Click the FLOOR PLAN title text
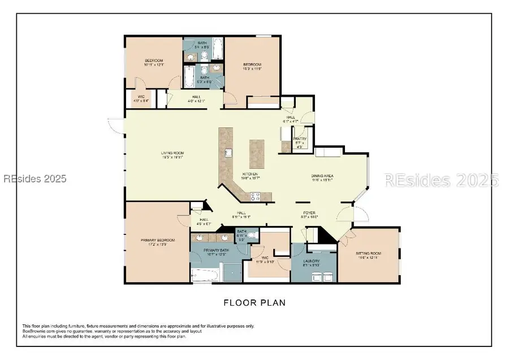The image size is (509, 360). pos(254,303)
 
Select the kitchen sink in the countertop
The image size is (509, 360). pos(228,153)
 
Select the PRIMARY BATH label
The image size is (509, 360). pos(217,251)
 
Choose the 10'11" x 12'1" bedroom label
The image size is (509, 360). pos(154,62)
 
